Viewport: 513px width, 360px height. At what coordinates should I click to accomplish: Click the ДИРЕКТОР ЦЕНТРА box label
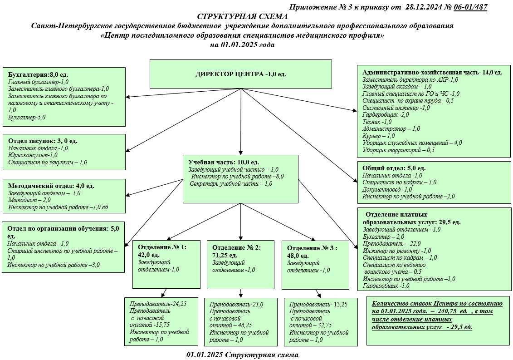point(240,74)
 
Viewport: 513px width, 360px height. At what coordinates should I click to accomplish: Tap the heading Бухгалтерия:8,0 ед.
point(39,74)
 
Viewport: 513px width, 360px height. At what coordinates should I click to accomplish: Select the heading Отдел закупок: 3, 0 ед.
point(43,141)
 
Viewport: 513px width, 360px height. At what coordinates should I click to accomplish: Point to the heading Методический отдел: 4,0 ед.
point(51,186)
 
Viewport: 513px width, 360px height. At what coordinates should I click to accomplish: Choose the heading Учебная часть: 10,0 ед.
point(224,162)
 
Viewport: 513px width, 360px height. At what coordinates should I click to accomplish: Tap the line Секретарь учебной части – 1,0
point(231,184)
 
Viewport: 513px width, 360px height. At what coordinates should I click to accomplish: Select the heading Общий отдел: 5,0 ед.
point(394,168)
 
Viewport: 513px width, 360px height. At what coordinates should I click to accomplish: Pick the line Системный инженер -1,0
point(396,108)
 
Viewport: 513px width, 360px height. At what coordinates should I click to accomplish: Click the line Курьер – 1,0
point(379,136)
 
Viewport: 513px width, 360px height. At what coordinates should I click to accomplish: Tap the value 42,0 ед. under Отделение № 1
point(151,255)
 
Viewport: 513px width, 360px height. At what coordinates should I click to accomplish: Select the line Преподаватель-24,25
point(158,304)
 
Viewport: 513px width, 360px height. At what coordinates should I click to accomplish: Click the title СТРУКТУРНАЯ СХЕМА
point(242,16)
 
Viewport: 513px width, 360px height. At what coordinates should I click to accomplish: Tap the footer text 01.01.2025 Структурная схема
point(242,355)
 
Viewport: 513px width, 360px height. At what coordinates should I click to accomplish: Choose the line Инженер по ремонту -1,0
point(397,251)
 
